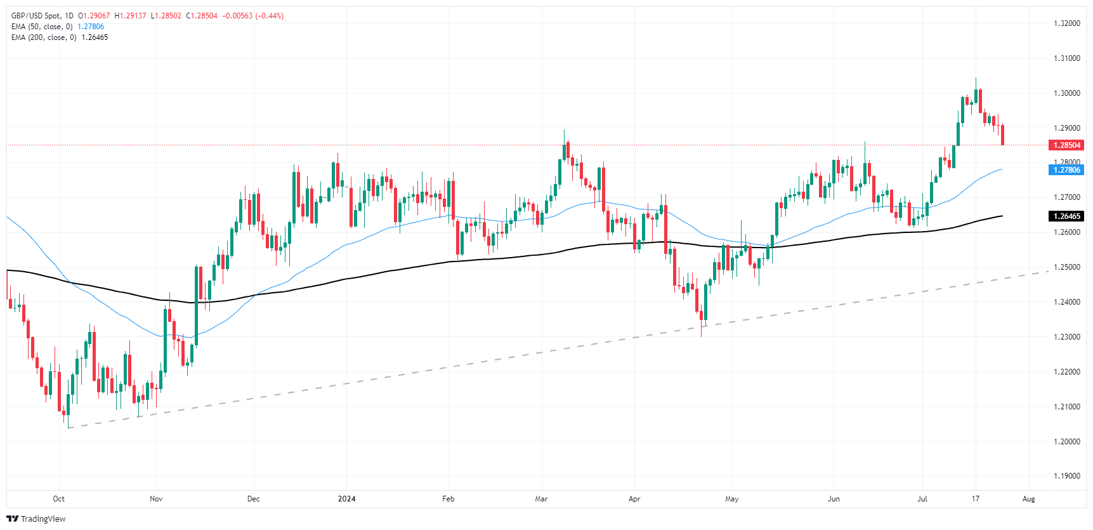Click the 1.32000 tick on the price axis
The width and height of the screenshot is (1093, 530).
(x=1066, y=23)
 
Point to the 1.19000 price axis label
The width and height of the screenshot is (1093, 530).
(x=1066, y=476)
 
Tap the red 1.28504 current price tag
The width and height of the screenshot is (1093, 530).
(x=1067, y=145)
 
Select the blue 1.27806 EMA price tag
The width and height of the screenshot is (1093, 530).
(x=1067, y=170)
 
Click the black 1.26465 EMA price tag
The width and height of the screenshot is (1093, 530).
(x=1067, y=216)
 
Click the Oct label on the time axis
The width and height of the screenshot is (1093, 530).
(x=58, y=499)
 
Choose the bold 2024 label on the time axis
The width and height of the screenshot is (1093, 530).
(x=346, y=499)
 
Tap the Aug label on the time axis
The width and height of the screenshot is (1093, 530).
(x=1028, y=499)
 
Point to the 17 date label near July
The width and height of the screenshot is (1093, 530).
(x=975, y=499)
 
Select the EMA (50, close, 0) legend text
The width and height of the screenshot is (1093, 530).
(x=42, y=27)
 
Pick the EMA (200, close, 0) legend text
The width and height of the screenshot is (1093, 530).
(x=44, y=37)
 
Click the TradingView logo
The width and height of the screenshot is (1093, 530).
(x=36, y=519)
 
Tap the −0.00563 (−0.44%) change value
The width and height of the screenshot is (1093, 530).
(x=252, y=16)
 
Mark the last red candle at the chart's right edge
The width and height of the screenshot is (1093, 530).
(x=1002, y=135)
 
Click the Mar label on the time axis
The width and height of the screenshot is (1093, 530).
(x=541, y=499)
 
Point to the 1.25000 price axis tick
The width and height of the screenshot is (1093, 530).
(x=1066, y=267)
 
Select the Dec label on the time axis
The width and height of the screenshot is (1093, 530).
(x=253, y=499)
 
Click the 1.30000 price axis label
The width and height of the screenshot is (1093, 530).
(x=1066, y=93)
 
